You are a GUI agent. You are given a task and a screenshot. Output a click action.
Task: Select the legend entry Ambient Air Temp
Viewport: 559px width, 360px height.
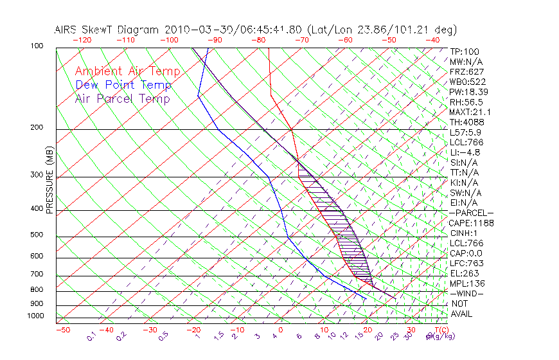point(128,71)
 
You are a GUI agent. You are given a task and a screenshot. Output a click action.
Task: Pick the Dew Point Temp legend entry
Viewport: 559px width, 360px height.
point(123,85)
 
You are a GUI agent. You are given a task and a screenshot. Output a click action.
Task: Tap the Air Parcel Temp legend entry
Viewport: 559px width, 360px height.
point(123,98)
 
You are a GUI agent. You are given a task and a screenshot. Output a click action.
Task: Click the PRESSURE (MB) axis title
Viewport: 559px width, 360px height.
point(49,179)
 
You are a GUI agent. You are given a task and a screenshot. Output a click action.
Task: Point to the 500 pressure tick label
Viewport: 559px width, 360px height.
point(37,235)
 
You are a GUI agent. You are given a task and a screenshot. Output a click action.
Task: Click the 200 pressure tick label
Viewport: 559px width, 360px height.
point(37,127)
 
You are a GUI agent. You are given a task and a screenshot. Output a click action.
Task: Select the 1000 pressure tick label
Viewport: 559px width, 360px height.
point(35,316)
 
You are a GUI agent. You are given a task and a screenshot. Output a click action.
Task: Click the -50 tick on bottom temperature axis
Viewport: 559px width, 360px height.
point(62,330)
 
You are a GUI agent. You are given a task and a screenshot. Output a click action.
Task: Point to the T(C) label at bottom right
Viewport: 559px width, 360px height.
point(438,330)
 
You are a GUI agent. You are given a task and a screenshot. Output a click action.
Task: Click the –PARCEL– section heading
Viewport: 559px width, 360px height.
point(471,213)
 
